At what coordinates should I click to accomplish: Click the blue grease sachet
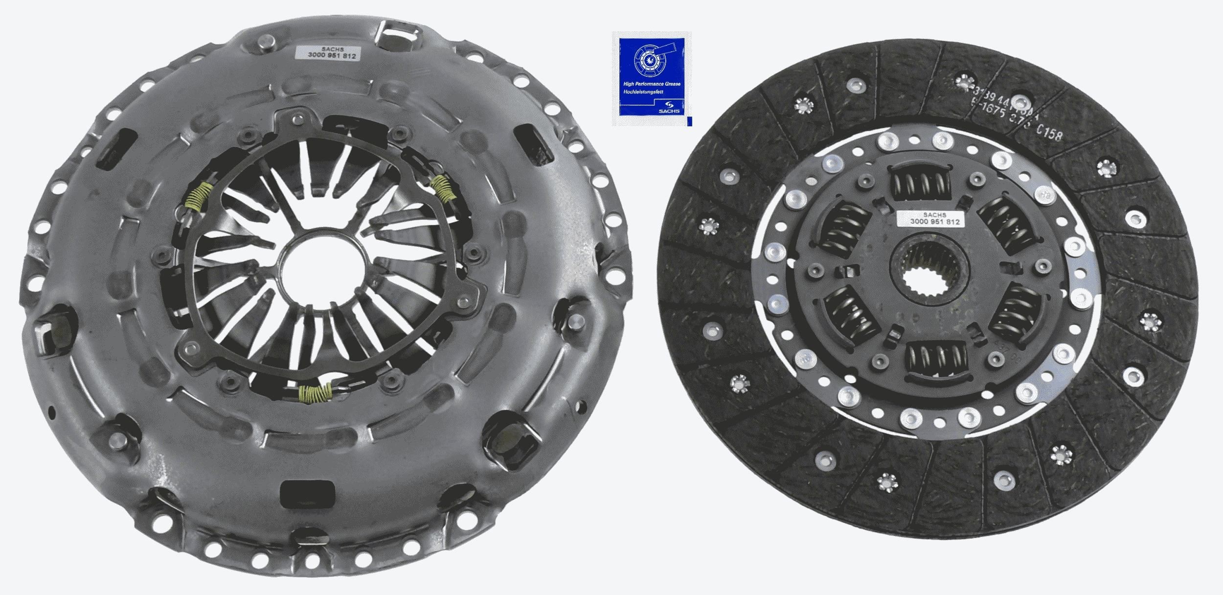(x=651, y=78)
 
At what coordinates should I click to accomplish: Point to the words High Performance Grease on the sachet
(x=651, y=84)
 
